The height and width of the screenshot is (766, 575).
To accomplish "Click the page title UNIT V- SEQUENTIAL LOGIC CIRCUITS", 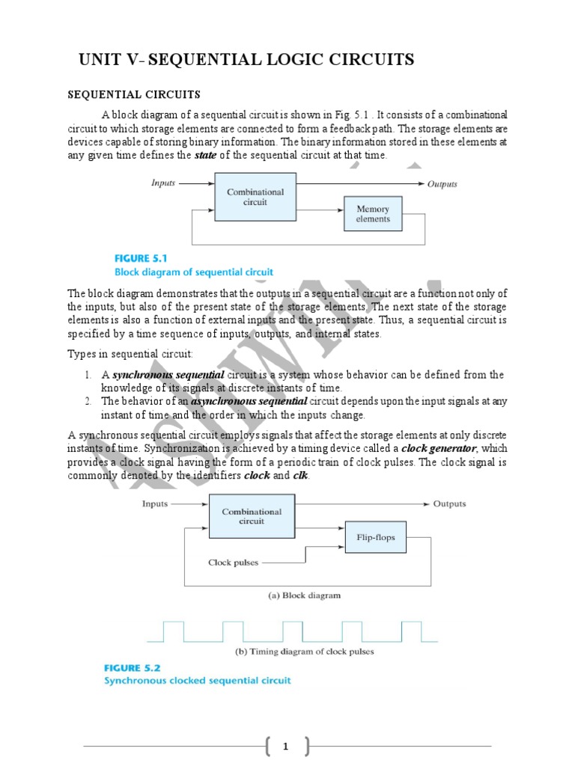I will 247,60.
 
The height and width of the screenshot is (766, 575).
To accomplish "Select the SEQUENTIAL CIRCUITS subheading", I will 134,95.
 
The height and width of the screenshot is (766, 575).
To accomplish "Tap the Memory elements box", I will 373,214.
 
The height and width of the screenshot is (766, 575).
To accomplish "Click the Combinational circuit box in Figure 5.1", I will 255,197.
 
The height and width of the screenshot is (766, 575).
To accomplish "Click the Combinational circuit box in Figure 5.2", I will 252,516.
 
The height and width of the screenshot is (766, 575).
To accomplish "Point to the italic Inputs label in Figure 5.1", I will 163,183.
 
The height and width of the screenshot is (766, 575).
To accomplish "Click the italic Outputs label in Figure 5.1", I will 442,183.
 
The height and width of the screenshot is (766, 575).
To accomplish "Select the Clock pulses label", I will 234,563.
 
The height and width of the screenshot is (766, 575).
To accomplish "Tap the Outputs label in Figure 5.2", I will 449,504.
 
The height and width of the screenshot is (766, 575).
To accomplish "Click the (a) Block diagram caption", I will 304,595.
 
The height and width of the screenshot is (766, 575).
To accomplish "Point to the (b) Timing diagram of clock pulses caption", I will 304,651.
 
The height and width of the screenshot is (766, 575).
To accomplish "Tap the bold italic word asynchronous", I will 222,401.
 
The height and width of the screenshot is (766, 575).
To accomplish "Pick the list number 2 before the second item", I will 88,401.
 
